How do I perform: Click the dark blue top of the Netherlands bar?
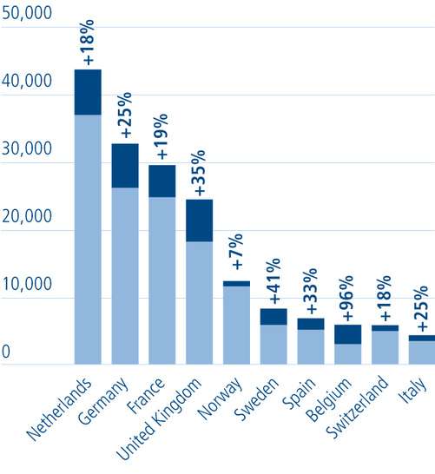click(88, 92)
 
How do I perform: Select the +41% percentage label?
click(274, 281)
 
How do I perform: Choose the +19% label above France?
click(162, 140)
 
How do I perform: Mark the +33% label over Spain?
click(311, 295)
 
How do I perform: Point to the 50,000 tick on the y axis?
click(27, 15)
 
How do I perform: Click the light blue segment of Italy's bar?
click(423, 352)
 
